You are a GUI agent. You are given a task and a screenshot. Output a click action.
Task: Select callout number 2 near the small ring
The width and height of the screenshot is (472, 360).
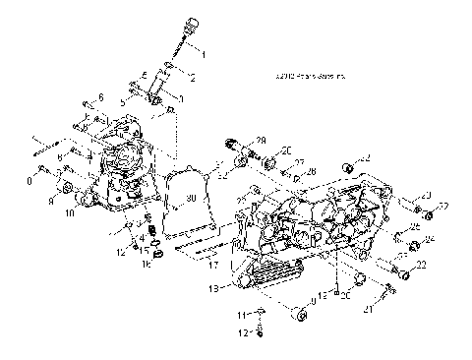pos(193,77)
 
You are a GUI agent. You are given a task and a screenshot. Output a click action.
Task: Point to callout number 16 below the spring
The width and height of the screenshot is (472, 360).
pos(146,264)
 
